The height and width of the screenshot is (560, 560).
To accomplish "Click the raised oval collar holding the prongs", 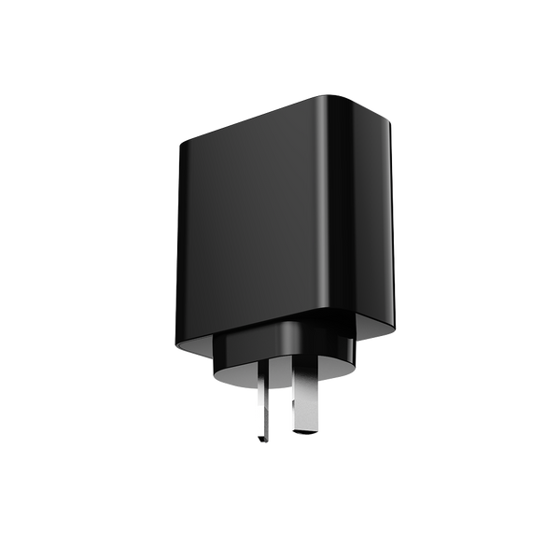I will [x=280, y=359].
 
